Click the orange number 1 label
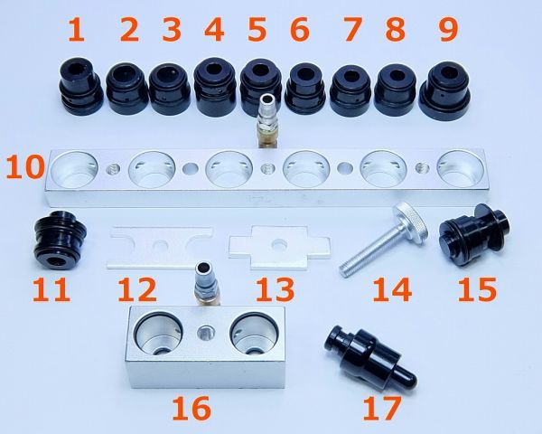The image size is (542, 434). click(77, 30)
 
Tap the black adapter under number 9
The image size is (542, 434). click(445, 90)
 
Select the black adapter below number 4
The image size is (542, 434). click(215, 87)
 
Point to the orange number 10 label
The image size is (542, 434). click(25, 166)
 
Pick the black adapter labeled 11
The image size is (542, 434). click(60, 240)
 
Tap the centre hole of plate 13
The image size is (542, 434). click(277, 244)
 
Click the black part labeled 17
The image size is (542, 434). click(369, 356)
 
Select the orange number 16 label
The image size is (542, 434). click(192, 409)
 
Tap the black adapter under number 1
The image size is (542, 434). click(80, 86)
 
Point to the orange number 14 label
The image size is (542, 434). click(392, 290)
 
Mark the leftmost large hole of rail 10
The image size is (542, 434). click(74, 170)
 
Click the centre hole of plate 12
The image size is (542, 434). click(161, 245)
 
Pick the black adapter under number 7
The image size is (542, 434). click(350, 89)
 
